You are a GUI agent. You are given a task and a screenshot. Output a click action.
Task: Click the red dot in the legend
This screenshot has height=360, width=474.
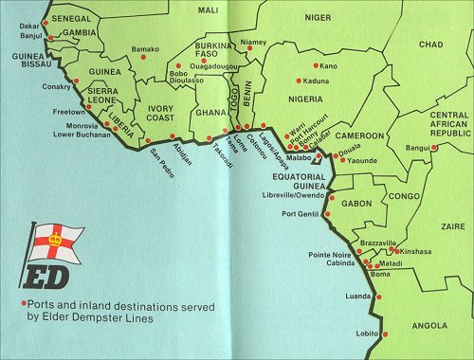click(24, 304)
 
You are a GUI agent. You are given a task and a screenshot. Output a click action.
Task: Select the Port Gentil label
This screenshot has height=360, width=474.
click(301, 214)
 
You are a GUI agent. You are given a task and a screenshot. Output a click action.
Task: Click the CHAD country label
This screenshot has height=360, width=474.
click(430, 45)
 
